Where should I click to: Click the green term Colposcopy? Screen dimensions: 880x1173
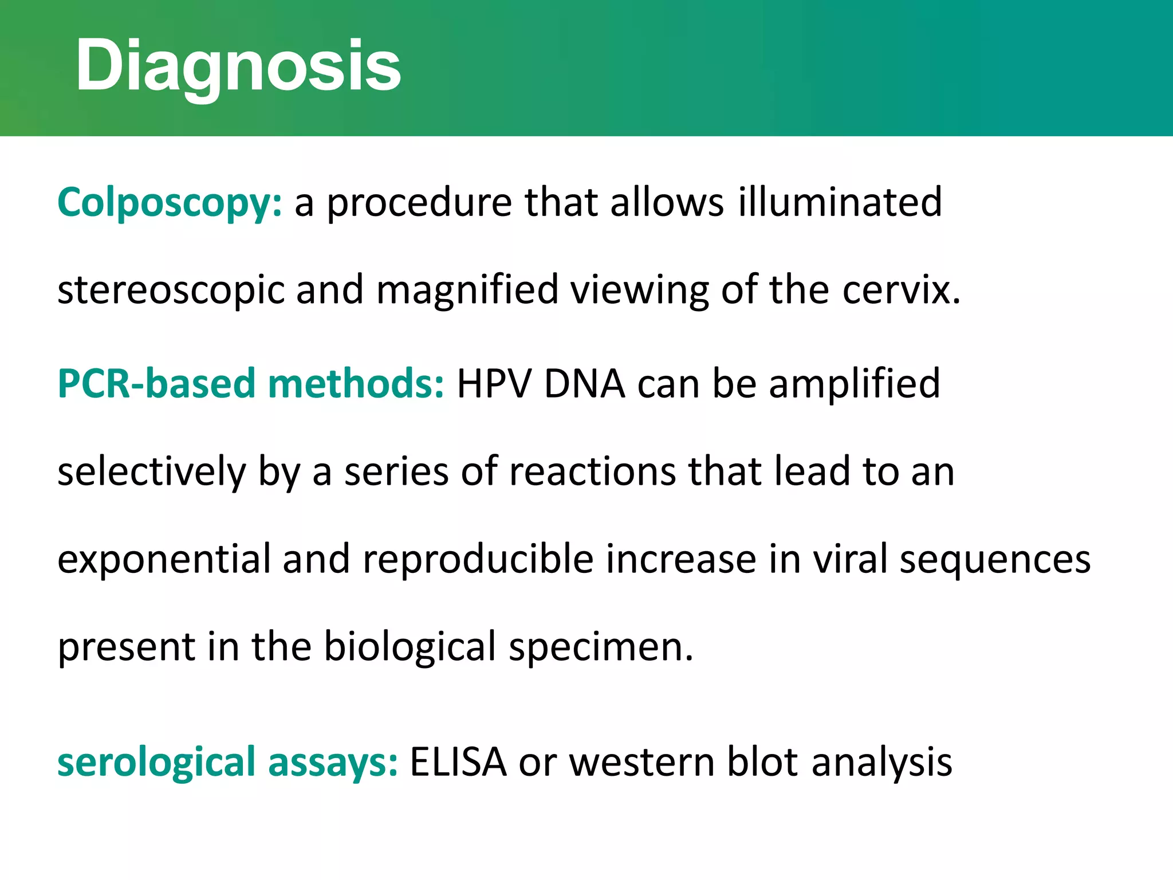[170, 203]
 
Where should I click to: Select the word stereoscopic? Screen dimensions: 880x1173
[171, 291]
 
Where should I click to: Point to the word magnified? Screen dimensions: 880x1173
[467, 290]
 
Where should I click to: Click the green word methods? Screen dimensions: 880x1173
[356, 383]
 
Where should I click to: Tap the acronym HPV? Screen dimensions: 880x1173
[494, 383]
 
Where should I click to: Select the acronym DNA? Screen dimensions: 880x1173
[584, 383]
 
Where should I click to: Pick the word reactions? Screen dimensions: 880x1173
[592, 472]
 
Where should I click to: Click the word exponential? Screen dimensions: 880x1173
[164, 559]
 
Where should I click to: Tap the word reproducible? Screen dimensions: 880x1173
[478, 559]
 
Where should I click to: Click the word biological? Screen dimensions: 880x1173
[410, 647]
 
